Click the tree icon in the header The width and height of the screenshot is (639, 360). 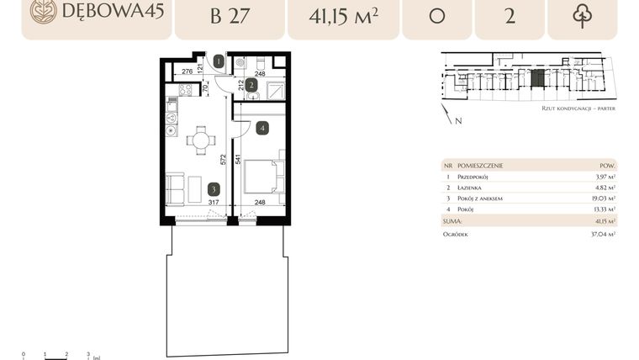[x=582, y=16]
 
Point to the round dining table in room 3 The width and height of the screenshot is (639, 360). [x=201, y=140]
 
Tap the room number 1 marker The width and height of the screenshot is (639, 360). [x=219, y=61]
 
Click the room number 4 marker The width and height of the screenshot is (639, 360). [x=262, y=129]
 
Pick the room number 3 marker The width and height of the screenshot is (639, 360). [x=215, y=189]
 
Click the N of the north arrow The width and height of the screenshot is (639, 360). [x=457, y=121]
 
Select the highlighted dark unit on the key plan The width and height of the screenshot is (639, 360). [x=536, y=79]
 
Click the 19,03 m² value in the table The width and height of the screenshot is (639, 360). [x=604, y=198]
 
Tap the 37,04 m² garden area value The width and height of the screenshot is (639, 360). [x=602, y=235]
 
